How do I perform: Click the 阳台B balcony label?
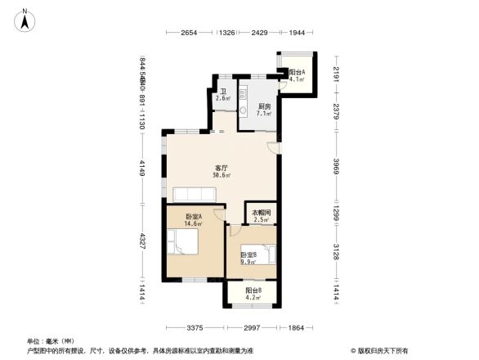(253, 291)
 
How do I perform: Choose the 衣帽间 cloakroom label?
(261, 212)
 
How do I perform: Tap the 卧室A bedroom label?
(194, 217)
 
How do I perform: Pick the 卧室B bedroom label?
(248, 254)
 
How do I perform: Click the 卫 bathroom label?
(222, 92)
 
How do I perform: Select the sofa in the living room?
(194, 194)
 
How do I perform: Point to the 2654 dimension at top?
(189, 33)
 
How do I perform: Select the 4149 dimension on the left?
(141, 167)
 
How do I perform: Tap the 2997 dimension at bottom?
(253, 328)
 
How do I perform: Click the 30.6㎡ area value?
(222, 175)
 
